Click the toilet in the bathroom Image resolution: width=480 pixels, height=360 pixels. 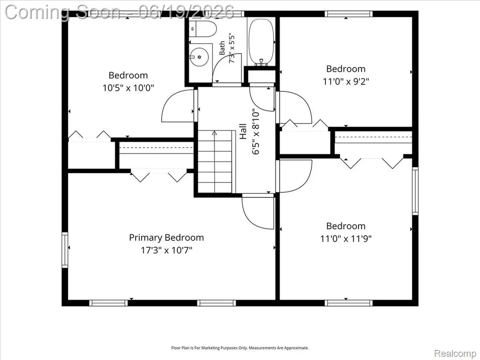pyautogui.click(x=202, y=29)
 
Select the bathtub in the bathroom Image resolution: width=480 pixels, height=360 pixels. pyautogui.click(x=261, y=42)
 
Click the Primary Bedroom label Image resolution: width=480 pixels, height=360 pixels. pyautogui.click(x=166, y=238)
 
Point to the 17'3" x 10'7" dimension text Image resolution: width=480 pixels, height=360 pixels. pyautogui.click(x=166, y=250)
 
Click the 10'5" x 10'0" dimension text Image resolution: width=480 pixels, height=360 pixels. pyautogui.click(x=128, y=88)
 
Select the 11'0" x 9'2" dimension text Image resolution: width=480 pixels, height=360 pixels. pyautogui.click(x=345, y=82)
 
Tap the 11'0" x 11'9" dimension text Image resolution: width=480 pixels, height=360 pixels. pyautogui.click(x=345, y=239)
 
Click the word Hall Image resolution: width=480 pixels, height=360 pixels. pyautogui.click(x=243, y=131)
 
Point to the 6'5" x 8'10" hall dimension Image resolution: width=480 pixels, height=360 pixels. pyautogui.click(x=255, y=132)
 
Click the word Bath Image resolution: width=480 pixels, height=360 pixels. pyautogui.click(x=222, y=48)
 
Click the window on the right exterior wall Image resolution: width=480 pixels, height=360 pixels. pyautogui.click(x=415, y=191)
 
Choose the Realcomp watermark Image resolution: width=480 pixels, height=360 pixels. pyautogui.click(x=455, y=353)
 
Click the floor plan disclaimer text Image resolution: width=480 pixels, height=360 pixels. pyautogui.click(x=240, y=348)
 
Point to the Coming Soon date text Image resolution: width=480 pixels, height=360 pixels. pyautogui.click(x=120, y=12)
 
